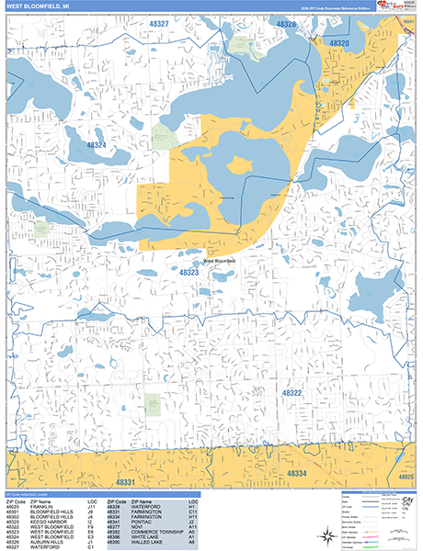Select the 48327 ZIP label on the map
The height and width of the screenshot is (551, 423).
tap(157, 24)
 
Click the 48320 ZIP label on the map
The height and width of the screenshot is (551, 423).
tap(339, 43)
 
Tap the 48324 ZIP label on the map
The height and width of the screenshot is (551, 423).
tap(96, 145)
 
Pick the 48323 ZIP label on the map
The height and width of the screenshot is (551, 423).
tap(189, 273)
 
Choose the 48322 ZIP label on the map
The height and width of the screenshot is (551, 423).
tap(292, 392)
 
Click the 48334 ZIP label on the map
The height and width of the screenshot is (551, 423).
tap(297, 474)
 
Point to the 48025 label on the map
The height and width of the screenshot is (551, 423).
tap(406, 478)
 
